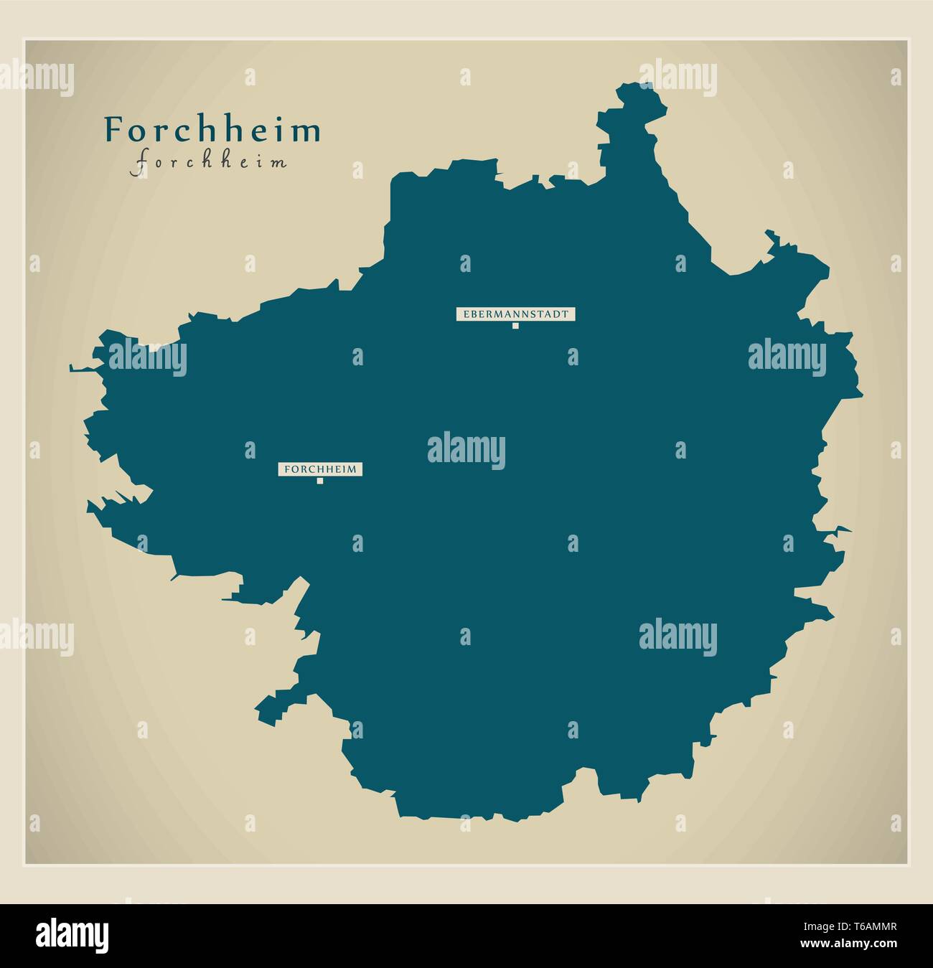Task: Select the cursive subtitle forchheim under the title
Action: click(x=209, y=162)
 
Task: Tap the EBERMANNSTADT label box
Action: click(x=515, y=314)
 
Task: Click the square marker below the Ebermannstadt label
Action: click(x=515, y=326)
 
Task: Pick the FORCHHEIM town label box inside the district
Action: click(x=320, y=469)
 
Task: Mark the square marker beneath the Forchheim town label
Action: click(x=320, y=481)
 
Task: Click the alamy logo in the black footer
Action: click(x=72, y=935)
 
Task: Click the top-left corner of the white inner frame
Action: click(x=25, y=40)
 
